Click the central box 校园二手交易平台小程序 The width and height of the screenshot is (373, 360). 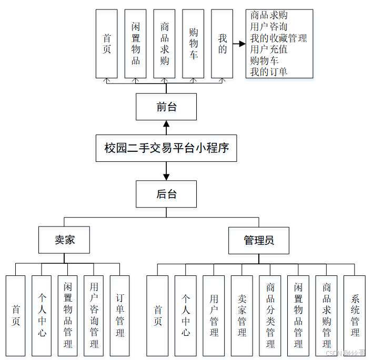pos(166,148)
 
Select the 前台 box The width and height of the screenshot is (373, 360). pos(166,107)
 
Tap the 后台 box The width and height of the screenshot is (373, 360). pos(166,194)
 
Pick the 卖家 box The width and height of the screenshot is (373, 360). pos(64,240)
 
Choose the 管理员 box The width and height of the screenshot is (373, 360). pos(258,240)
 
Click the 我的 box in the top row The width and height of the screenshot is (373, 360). pos(222,44)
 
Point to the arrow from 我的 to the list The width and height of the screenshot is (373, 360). pos(239,44)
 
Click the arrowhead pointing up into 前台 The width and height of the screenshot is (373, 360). pos(166,125)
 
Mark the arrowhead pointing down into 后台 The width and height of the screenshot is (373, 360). pos(166,176)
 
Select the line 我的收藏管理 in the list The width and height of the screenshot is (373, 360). pos(278,38)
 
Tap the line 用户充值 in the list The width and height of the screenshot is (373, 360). pos(269,49)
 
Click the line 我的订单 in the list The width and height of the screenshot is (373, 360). pos(269,72)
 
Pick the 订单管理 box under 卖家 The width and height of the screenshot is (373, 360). pos(120,315)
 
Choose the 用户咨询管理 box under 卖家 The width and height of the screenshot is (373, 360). pos(94,315)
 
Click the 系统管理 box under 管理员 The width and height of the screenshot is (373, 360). pos(355,315)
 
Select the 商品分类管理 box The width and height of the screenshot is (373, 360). pos(270,315)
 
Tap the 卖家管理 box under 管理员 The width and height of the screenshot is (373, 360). pos(242,315)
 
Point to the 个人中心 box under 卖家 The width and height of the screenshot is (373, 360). pos(42,315)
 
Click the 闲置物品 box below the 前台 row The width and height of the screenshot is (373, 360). pos(136,44)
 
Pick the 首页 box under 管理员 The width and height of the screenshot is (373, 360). pos(158,315)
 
